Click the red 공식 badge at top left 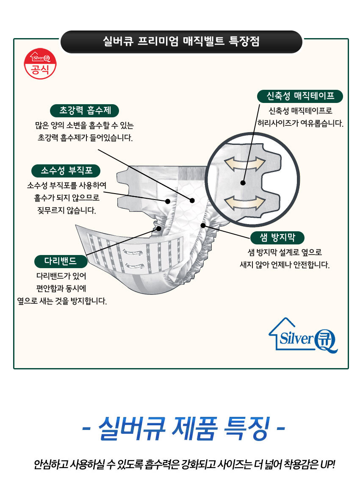pos(40,64)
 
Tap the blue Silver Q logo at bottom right pos(303,335)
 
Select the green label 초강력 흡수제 pos(84,111)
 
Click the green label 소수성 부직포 pos(66,171)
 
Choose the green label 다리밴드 pos(61,261)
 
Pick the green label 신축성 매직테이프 pos(300,96)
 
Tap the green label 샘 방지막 pos(277,238)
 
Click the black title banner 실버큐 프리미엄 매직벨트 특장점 pos(181,42)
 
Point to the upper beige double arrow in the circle pos(244,164)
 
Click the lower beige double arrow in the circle pos(244,202)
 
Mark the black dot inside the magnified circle pos(243,183)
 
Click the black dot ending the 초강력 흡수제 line pos(192,201)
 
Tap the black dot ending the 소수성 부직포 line pos(168,201)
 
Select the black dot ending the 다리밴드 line pos(159,229)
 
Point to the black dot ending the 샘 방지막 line pos(203,225)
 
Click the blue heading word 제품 pos(195,428)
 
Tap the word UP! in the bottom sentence pos(327,464)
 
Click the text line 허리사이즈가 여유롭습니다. pos(300,123)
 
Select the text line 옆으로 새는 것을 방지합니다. pos(62,301)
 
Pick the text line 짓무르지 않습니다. pos(66,211)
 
